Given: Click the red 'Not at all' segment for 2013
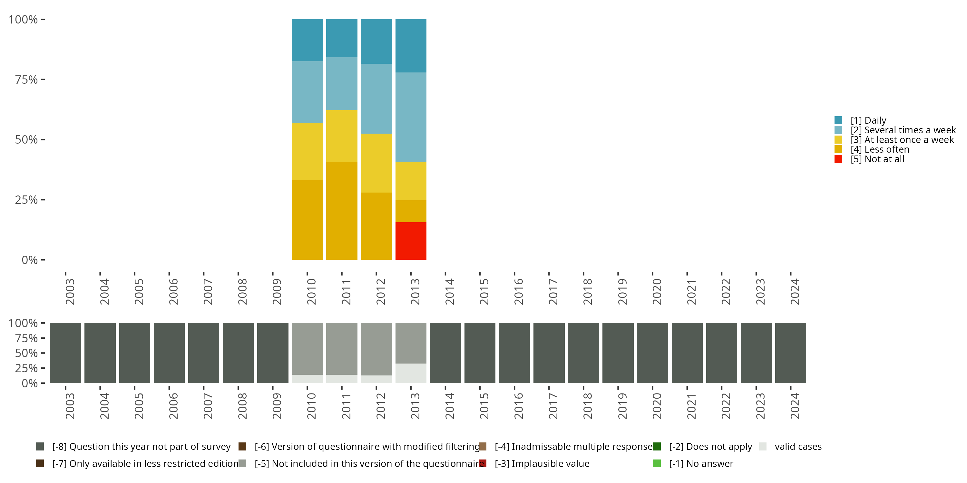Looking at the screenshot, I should click(411, 241).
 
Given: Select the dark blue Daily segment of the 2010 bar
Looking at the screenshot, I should click(307, 40).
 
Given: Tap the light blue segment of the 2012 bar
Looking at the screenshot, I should click(376, 99).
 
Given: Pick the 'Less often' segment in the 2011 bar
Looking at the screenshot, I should click(342, 211).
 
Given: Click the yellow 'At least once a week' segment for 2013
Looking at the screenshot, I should click(411, 181).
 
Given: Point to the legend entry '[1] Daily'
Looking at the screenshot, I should click(867, 120).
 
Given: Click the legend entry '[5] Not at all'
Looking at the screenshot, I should click(876, 159).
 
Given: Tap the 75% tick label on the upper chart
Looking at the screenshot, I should click(26, 80).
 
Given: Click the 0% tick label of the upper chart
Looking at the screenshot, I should click(30, 260).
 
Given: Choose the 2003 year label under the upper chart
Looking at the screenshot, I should click(70, 292).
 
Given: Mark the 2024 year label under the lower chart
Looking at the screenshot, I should click(795, 406).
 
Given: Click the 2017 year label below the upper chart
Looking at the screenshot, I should click(553, 292).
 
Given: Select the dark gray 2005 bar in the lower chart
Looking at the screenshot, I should click(135, 353).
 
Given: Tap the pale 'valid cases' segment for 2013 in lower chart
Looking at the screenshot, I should click(411, 373).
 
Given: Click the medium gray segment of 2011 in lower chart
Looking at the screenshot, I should click(342, 349).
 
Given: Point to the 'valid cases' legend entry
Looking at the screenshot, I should click(798, 447).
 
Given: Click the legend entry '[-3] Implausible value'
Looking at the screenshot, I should click(542, 463).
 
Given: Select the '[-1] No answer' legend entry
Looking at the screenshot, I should click(700, 463).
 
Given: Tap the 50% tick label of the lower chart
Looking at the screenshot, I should click(26, 353).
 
